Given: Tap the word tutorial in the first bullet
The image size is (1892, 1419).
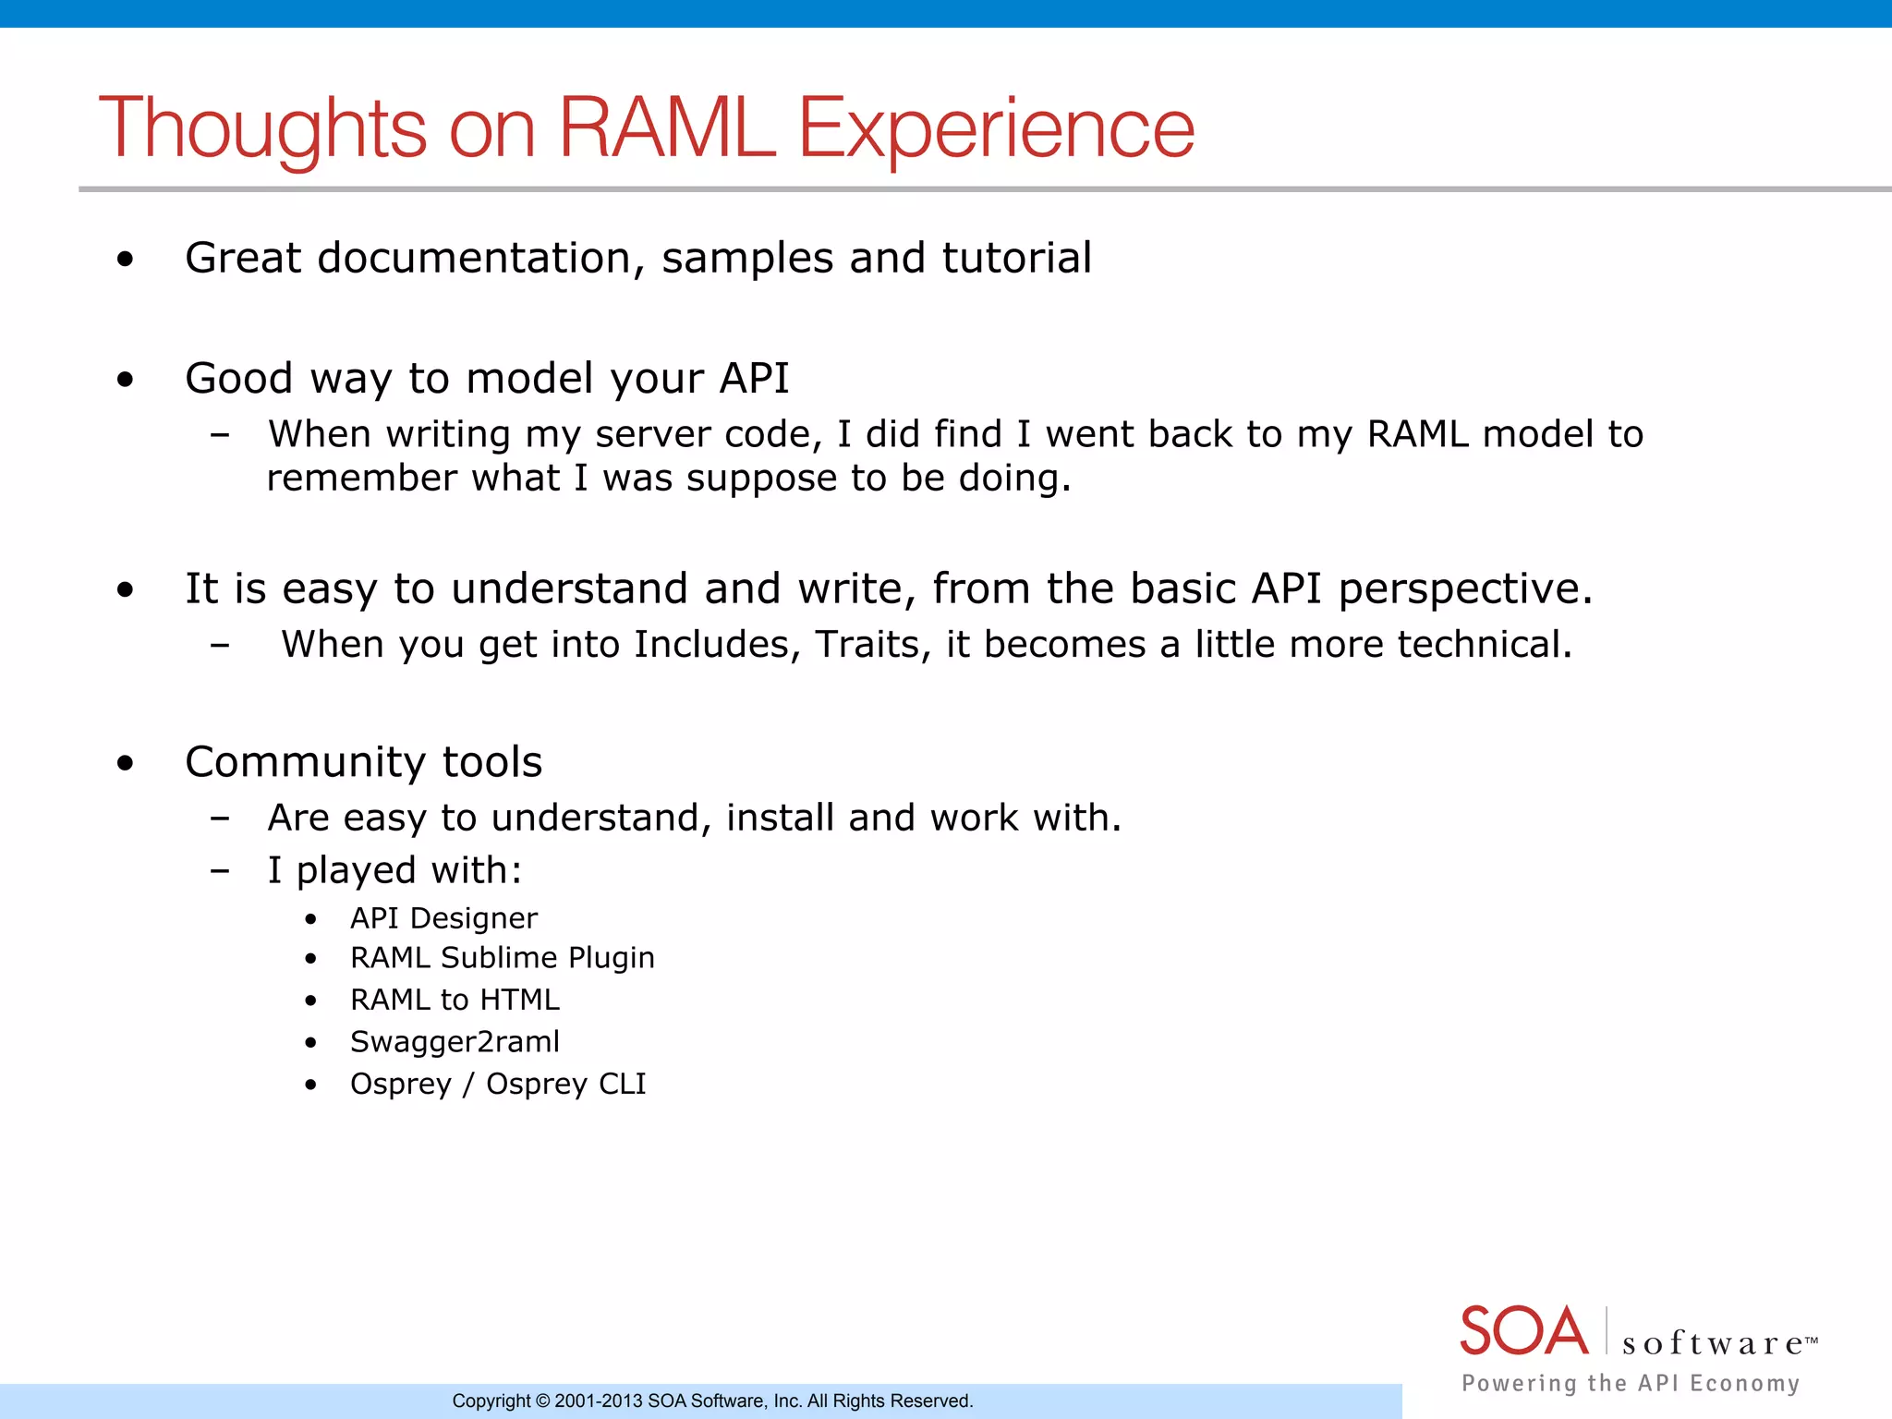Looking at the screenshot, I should click(x=1016, y=258).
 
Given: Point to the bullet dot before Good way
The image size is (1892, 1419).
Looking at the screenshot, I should click(x=126, y=379).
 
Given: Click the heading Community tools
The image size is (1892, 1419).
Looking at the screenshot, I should click(x=363, y=763).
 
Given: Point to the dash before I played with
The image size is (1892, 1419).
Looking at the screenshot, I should click(x=220, y=870).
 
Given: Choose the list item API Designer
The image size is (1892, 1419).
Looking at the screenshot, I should click(x=443, y=918).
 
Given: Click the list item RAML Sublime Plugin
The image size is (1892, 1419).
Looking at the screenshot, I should click(x=502, y=958).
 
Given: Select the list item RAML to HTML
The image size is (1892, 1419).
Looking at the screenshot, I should click(x=455, y=1001).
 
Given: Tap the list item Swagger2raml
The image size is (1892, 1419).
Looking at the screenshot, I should click(x=455, y=1042).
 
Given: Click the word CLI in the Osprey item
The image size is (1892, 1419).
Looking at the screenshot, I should click(x=622, y=1084).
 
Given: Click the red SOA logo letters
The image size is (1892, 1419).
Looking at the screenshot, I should click(x=1523, y=1331).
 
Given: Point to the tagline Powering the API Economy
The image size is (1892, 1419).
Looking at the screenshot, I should click(x=1631, y=1383).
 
